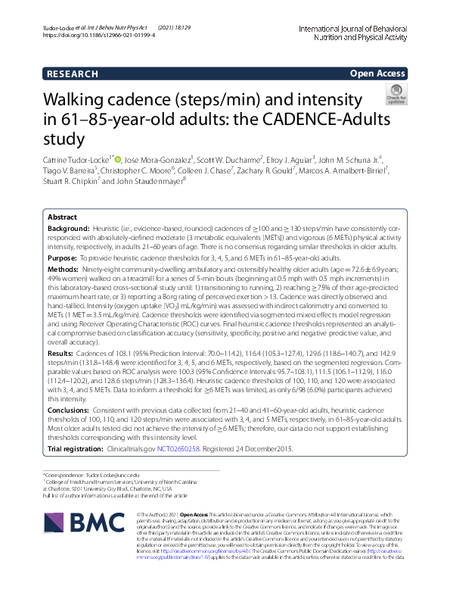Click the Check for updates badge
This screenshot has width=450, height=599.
(x=396, y=95)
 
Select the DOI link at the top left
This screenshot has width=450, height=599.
(x=98, y=35)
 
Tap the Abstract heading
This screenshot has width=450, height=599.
(x=63, y=217)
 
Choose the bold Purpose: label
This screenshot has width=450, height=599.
(x=64, y=257)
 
